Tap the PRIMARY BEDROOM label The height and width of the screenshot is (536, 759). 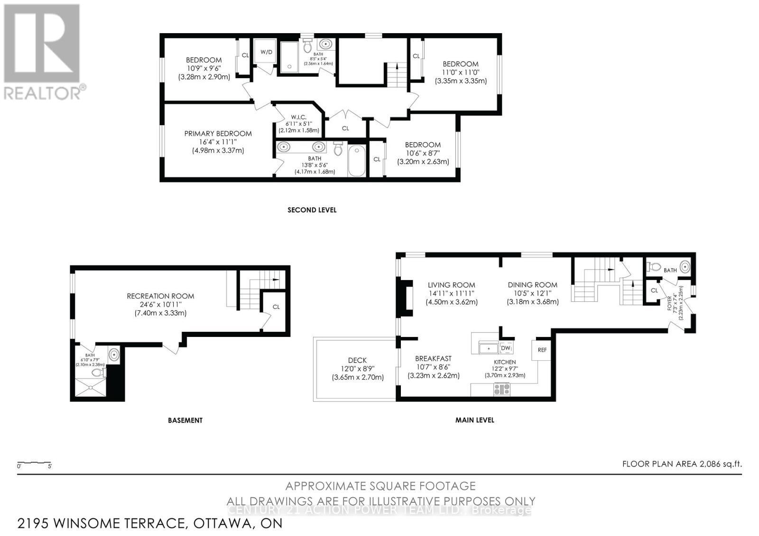(x=218, y=134)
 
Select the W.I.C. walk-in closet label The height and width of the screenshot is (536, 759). (x=299, y=117)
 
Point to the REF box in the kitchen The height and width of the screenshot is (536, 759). (x=542, y=350)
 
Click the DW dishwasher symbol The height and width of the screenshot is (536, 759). (x=506, y=348)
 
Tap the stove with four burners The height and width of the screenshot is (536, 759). (x=502, y=389)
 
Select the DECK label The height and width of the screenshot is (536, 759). (x=357, y=360)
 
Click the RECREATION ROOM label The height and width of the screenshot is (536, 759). (x=160, y=296)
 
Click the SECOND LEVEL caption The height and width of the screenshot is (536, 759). (x=312, y=209)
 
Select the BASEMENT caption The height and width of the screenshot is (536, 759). (x=185, y=420)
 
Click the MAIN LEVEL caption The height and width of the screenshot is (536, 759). (x=474, y=420)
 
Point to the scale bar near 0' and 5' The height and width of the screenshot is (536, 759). (x=34, y=463)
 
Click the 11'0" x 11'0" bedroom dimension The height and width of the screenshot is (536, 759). (x=461, y=73)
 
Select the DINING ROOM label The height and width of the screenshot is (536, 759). (x=532, y=285)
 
